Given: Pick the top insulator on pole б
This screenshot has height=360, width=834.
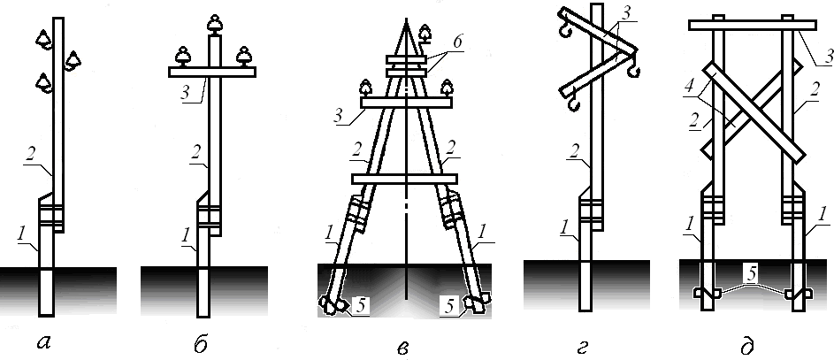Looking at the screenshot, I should (214, 23).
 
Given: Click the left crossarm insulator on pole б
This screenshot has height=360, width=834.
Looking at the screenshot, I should (183, 56).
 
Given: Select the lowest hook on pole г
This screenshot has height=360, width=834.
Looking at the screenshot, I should (573, 107).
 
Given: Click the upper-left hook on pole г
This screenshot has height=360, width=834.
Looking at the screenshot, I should (562, 33).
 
